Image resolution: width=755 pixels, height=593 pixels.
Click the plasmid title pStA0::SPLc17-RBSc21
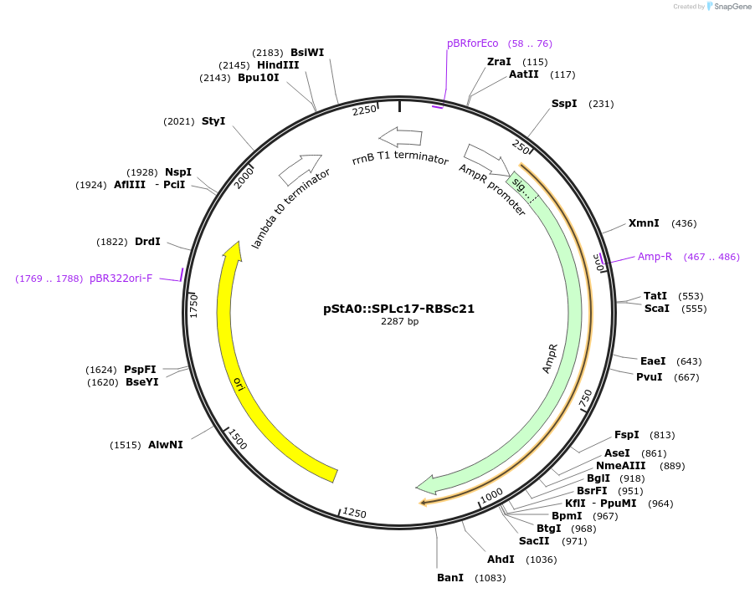(398, 308)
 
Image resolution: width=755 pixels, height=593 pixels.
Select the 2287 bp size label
(399, 321)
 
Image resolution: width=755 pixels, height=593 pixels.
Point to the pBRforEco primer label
(472, 43)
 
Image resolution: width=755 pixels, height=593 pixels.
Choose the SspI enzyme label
(564, 104)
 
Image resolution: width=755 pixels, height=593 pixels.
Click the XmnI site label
(644, 223)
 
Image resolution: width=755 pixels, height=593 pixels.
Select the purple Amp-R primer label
(655, 257)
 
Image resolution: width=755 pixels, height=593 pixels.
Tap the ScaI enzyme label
(656, 309)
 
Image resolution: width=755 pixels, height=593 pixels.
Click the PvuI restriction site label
(649, 376)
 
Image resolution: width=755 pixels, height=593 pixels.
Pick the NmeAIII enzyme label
(621, 465)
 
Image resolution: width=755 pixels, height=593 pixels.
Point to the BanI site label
(450, 578)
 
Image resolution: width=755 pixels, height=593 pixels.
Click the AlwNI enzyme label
(165, 445)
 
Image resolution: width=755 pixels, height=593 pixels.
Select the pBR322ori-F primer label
(121, 279)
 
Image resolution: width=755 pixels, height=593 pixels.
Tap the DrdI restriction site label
(147, 242)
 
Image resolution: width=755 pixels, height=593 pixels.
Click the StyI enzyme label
(213, 121)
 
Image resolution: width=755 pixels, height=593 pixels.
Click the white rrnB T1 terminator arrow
(400, 136)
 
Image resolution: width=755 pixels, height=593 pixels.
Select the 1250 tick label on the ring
(354, 513)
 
